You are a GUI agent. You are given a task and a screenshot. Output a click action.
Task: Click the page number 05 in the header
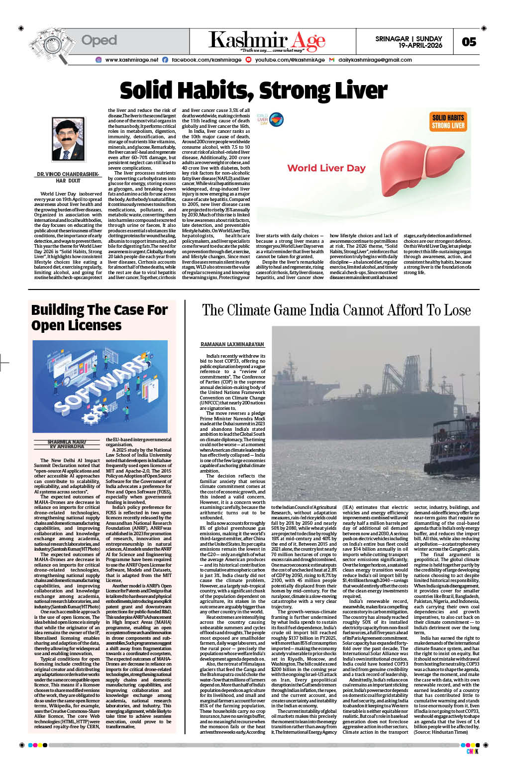[469, 42]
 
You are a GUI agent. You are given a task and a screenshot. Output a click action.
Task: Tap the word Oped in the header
[99, 40]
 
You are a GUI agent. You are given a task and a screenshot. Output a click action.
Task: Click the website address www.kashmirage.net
[131, 60]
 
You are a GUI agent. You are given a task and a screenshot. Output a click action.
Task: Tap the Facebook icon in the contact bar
[165, 60]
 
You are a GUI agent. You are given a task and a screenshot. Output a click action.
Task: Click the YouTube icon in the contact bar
[248, 60]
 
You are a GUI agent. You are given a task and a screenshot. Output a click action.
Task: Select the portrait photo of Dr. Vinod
[68, 139]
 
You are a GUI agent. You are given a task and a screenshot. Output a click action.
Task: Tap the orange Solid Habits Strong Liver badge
[448, 121]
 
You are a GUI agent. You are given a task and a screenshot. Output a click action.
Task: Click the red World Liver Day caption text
[326, 168]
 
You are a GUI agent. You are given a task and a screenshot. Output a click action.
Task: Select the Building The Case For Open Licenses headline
[99, 317]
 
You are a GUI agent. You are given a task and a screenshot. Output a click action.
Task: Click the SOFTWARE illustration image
[100, 386]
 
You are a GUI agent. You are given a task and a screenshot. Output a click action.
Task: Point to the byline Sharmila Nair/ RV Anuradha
[66, 444]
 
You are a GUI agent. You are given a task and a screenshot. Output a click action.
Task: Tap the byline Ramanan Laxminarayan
[232, 344]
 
